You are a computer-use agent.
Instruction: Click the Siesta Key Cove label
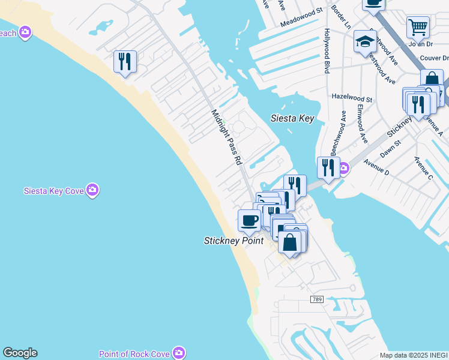click(x=53, y=191)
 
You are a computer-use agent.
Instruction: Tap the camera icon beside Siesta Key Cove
click(x=92, y=191)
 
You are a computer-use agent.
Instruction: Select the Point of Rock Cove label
click(x=134, y=354)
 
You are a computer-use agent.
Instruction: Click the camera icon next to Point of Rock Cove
click(x=178, y=353)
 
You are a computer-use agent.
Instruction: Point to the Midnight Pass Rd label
click(x=226, y=137)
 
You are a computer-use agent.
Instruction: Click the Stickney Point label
click(x=234, y=241)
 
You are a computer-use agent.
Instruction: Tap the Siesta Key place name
click(x=292, y=118)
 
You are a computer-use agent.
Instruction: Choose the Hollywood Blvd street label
click(x=328, y=51)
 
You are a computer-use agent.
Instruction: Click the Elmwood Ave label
click(x=362, y=124)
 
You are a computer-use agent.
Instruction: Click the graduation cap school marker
click(x=364, y=41)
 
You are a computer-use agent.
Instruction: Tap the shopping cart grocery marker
click(x=418, y=26)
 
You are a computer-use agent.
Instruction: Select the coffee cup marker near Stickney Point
click(x=249, y=220)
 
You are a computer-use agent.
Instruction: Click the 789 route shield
click(x=317, y=299)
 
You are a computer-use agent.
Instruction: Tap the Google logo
click(x=20, y=353)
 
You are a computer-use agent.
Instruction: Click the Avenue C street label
click(x=423, y=168)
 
